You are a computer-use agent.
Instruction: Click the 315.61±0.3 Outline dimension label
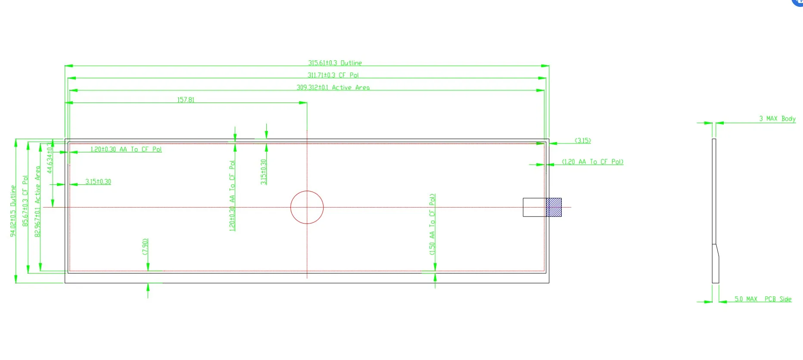pyautogui.click(x=335, y=63)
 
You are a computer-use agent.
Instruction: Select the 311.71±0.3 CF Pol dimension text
pyautogui.click(x=333, y=75)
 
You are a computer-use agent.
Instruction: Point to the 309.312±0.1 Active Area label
pyautogui.click(x=333, y=87)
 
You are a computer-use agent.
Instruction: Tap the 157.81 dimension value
pyautogui.click(x=186, y=100)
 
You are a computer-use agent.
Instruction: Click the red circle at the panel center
pyautogui.click(x=307, y=207)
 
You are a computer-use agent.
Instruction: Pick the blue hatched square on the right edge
pyautogui.click(x=554, y=207)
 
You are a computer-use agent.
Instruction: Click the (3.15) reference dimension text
pyautogui.click(x=583, y=140)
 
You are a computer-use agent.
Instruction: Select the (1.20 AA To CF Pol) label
pyautogui.click(x=592, y=162)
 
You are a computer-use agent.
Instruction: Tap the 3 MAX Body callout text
pyautogui.click(x=777, y=118)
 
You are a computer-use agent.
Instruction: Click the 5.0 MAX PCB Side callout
pyautogui.click(x=763, y=299)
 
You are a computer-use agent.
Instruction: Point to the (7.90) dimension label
pyautogui.click(x=145, y=247)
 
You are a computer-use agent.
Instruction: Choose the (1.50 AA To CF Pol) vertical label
pyautogui.click(x=432, y=224)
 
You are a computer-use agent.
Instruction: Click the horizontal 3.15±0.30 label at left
pyautogui.click(x=98, y=182)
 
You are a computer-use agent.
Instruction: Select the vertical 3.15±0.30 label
pyautogui.click(x=263, y=172)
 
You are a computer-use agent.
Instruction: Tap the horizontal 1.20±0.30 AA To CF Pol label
pyautogui.click(x=126, y=149)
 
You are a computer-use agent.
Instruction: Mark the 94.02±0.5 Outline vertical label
pyautogui.click(x=13, y=211)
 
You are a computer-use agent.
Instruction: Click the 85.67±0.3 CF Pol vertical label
pyautogui.click(x=25, y=201)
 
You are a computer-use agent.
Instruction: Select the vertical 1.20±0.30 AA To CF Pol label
pyautogui.click(x=232, y=196)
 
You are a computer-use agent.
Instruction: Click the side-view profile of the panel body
pyautogui.click(x=715, y=211)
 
